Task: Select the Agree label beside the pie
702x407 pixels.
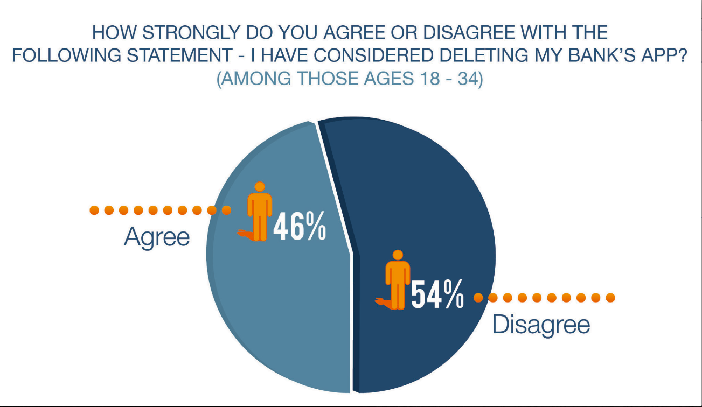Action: click(x=157, y=237)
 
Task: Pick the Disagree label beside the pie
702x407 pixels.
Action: click(x=541, y=325)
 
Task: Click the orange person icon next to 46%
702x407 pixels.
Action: click(x=260, y=212)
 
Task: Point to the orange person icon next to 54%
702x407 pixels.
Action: click(x=398, y=280)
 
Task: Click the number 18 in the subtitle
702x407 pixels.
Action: click(x=426, y=79)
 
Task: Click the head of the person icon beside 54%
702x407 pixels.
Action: click(x=398, y=255)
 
